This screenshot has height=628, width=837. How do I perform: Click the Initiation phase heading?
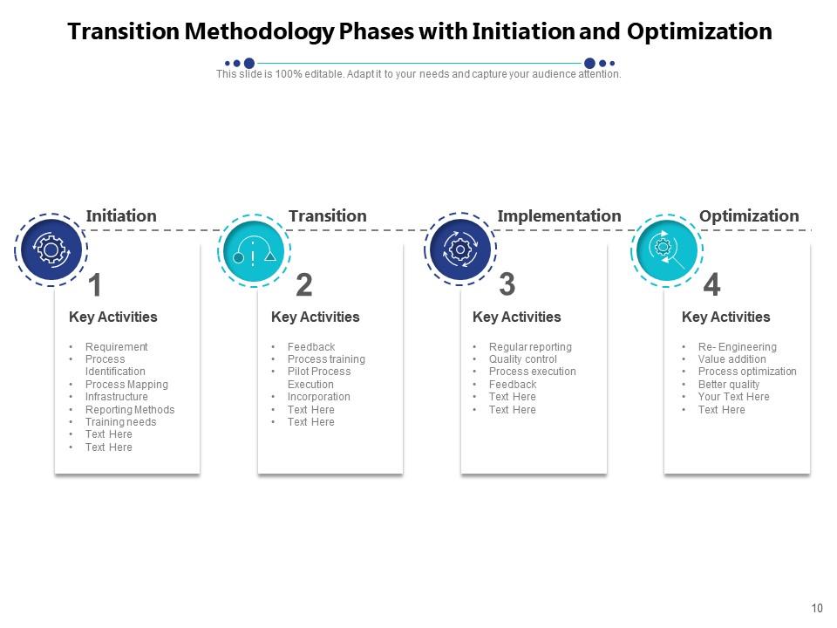pos(121,215)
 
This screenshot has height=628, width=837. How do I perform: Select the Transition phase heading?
pos(327,215)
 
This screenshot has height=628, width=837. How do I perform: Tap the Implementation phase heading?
pos(559,215)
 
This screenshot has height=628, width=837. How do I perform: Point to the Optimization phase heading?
pos(749,215)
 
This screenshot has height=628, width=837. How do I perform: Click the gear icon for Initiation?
pos(51,250)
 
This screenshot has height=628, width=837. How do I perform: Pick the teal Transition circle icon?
pos(253,250)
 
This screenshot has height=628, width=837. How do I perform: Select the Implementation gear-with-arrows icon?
pos(459,249)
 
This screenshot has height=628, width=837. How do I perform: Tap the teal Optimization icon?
pos(666,249)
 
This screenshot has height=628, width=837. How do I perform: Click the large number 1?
pos(95,285)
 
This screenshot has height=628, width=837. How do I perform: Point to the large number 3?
pos(507,284)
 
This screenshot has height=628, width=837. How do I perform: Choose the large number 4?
pos(711,285)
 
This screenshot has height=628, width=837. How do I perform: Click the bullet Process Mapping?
pos(126,385)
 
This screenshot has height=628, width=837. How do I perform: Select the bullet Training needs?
pos(120,422)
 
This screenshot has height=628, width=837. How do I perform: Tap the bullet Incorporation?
pos(318,397)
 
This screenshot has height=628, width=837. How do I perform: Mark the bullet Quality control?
pos(522,359)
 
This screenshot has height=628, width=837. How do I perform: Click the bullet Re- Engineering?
pos(737,347)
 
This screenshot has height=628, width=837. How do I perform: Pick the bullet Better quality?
pos(728,385)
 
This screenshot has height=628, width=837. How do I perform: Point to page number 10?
pos(817,609)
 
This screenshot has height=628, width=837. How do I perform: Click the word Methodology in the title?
pos(261,32)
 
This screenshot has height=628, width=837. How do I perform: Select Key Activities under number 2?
pos(315,317)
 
